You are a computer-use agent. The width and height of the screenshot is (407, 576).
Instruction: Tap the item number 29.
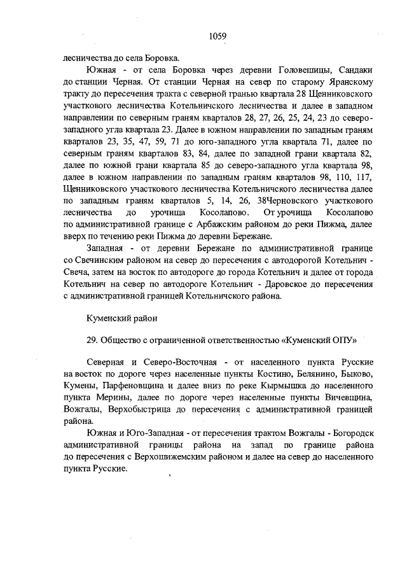tap(92, 339)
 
